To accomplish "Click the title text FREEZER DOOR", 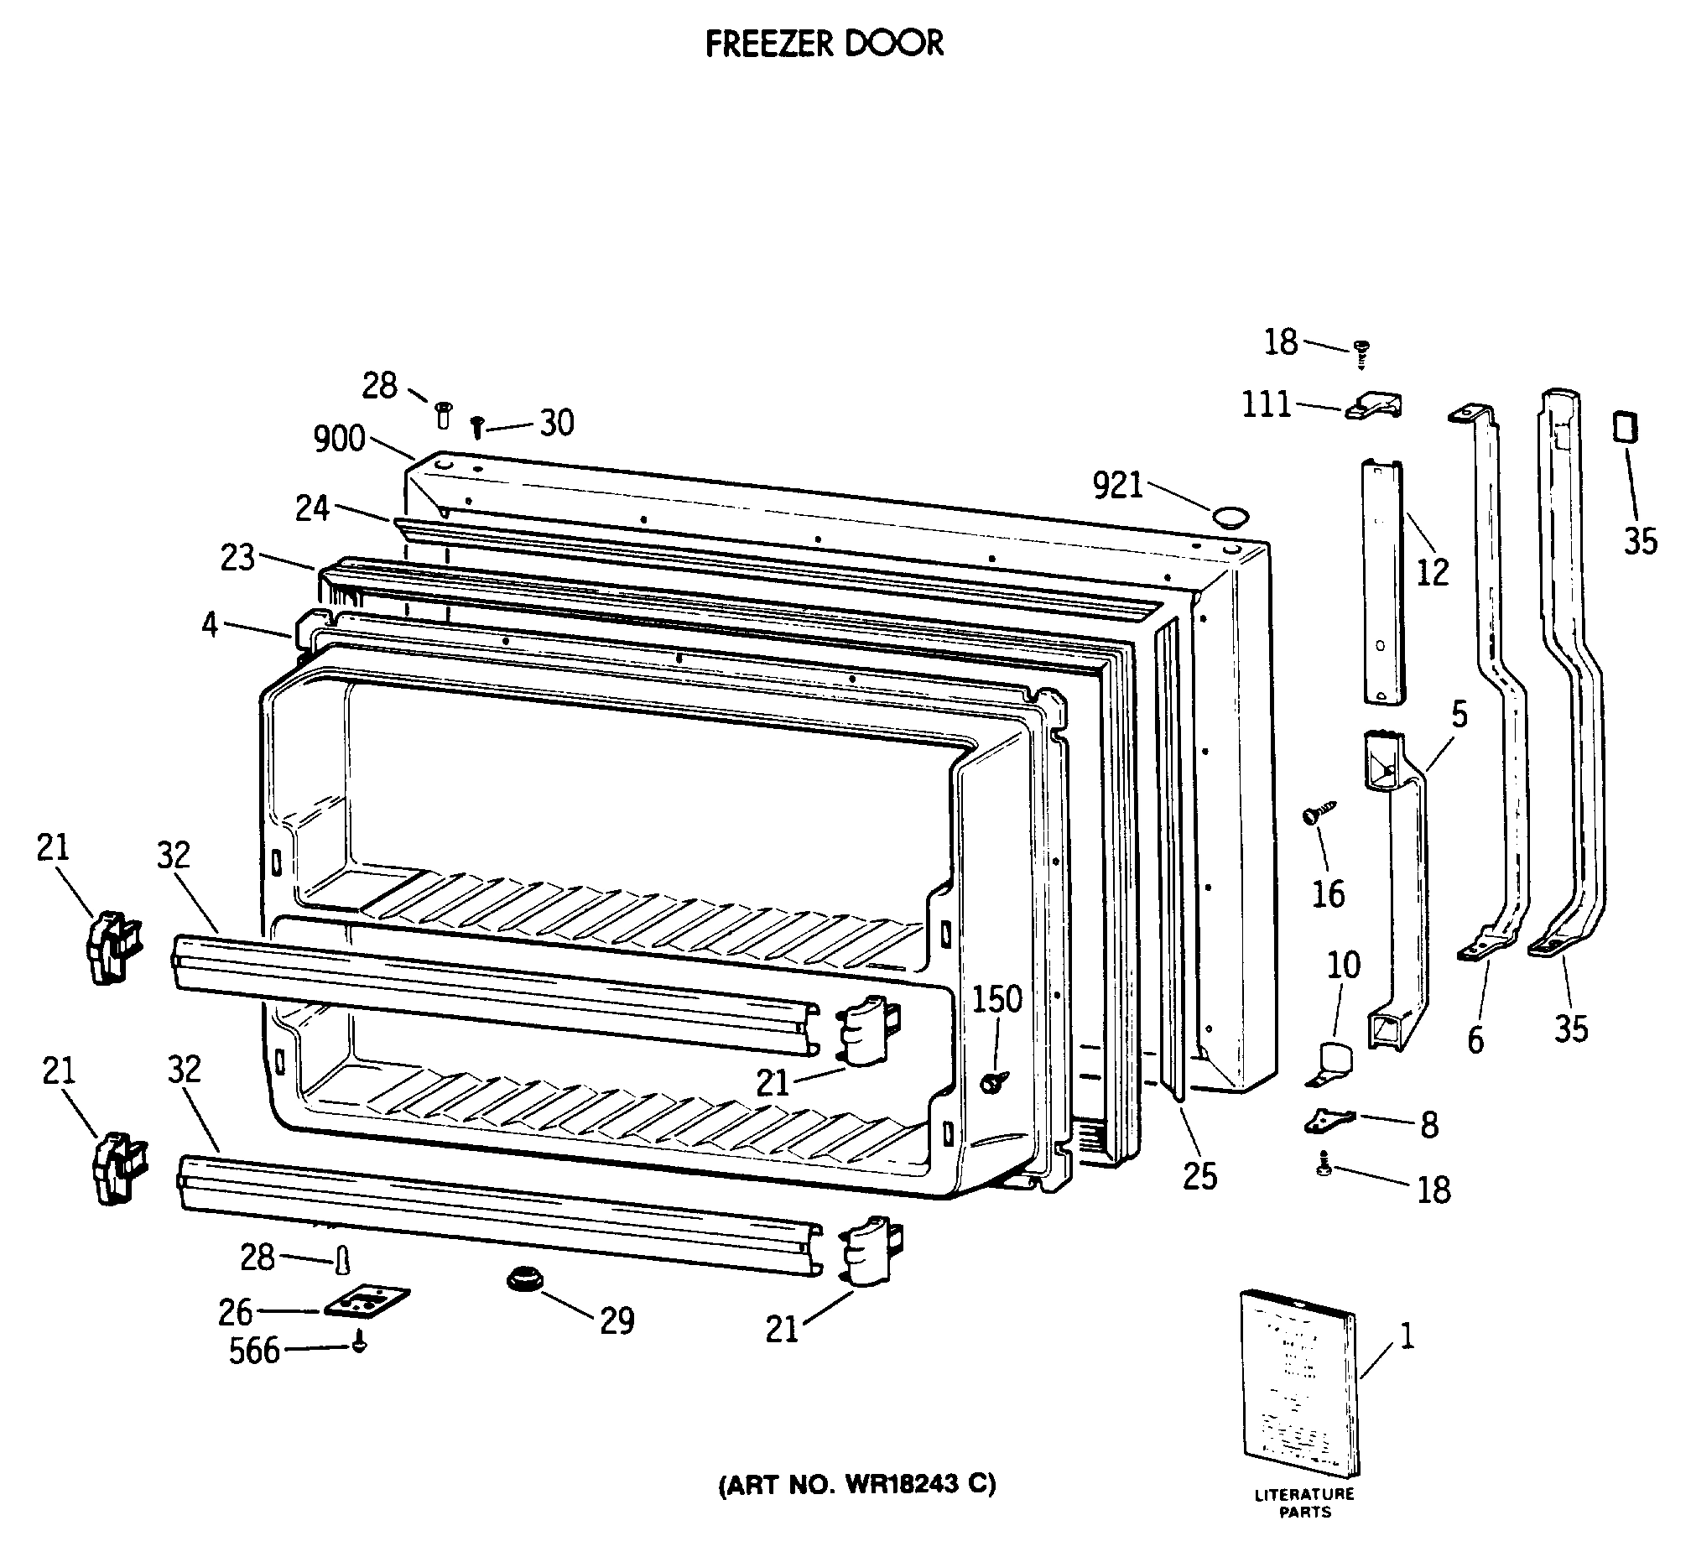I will click(823, 44).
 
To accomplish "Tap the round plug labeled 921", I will click(1231, 517).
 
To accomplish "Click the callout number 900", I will click(339, 439).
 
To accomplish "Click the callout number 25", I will click(1199, 1176).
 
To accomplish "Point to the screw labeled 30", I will click(477, 426).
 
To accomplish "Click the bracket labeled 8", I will click(1329, 1121).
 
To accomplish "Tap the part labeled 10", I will click(1329, 1062).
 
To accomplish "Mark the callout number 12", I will click(1433, 573).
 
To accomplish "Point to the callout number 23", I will click(237, 557).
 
